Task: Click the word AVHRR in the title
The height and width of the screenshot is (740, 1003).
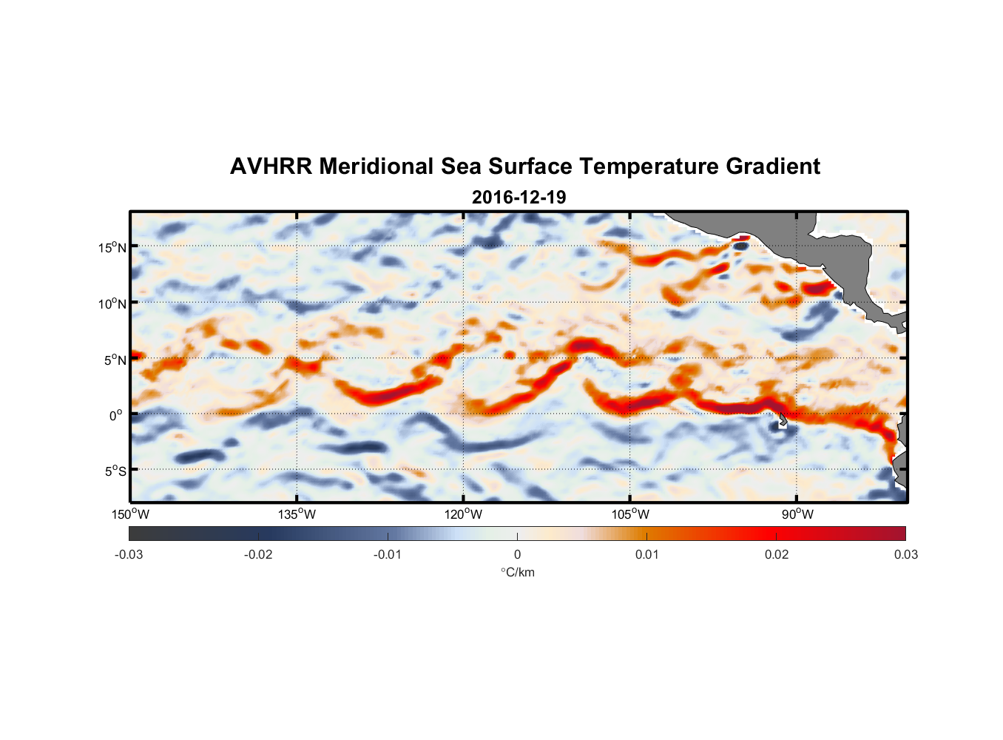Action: click(x=271, y=166)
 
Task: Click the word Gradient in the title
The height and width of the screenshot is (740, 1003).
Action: click(x=772, y=166)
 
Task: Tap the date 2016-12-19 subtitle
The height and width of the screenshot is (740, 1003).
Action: click(x=519, y=198)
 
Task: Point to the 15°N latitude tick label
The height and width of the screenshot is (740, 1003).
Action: click(x=112, y=248)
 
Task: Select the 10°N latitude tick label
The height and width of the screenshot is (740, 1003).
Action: click(x=112, y=303)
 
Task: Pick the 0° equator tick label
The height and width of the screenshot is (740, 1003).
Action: click(x=116, y=416)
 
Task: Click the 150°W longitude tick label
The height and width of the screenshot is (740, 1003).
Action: click(x=131, y=514)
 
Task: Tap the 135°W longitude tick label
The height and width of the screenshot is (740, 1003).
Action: click(x=297, y=514)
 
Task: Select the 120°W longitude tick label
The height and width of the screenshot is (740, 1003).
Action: click(x=464, y=514)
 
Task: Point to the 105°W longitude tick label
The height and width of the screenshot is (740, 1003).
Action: click(x=630, y=514)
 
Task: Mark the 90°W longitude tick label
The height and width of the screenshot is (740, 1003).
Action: click(x=797, y=514)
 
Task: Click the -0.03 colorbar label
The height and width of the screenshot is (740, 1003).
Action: click(x=129, y=554)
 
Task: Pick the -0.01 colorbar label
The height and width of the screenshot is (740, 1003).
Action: click(x=388, y=554)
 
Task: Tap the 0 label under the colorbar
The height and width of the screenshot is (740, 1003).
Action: click(x=517, y=554)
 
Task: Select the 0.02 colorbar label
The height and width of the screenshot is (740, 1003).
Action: click(x=777, y=554)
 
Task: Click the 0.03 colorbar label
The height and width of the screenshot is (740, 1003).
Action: click(x=905, y=554)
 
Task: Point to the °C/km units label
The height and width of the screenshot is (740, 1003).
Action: click(x=518, y=572)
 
